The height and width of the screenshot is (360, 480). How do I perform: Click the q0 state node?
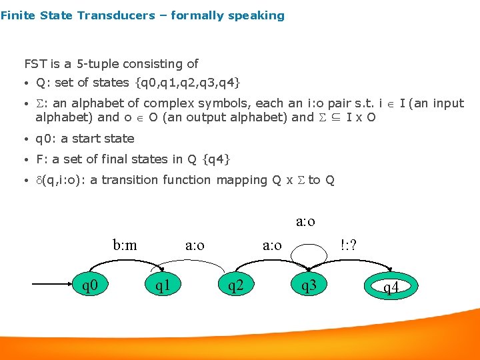click(90, 287)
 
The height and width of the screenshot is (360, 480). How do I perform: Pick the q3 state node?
click(309, 287)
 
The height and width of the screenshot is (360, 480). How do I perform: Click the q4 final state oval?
click(391, 287)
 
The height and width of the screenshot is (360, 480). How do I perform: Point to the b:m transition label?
click(125, 245)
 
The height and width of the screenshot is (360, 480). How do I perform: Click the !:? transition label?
click(348, 245)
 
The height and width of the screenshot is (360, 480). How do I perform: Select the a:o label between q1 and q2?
click(195, 245)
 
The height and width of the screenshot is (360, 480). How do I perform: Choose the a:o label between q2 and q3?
click(272, 245)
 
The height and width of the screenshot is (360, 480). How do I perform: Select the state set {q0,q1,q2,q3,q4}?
click(187, 83)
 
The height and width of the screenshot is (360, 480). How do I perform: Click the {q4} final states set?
click(215, 159)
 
